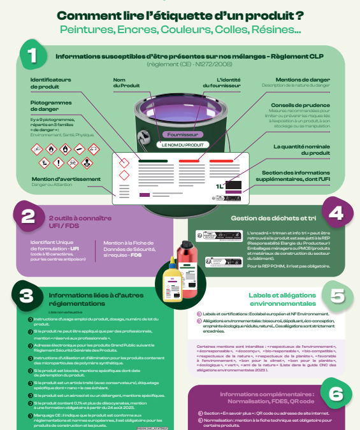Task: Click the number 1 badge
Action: [x=32, y=55]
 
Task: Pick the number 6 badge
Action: [x=336, y=396]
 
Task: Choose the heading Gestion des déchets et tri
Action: [x=268, y=219]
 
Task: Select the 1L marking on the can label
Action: [x=220, y=185]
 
